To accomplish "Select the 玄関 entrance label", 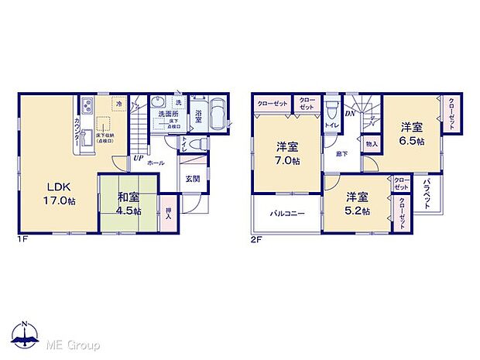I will point(192,180).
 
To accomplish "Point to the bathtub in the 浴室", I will point(215,117).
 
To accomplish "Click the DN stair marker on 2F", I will point(349,113).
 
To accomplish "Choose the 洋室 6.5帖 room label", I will point(412,132).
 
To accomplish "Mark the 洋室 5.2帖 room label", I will point(358,204).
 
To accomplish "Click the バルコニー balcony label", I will point(286,213).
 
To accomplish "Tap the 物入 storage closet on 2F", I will point(372,143).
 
